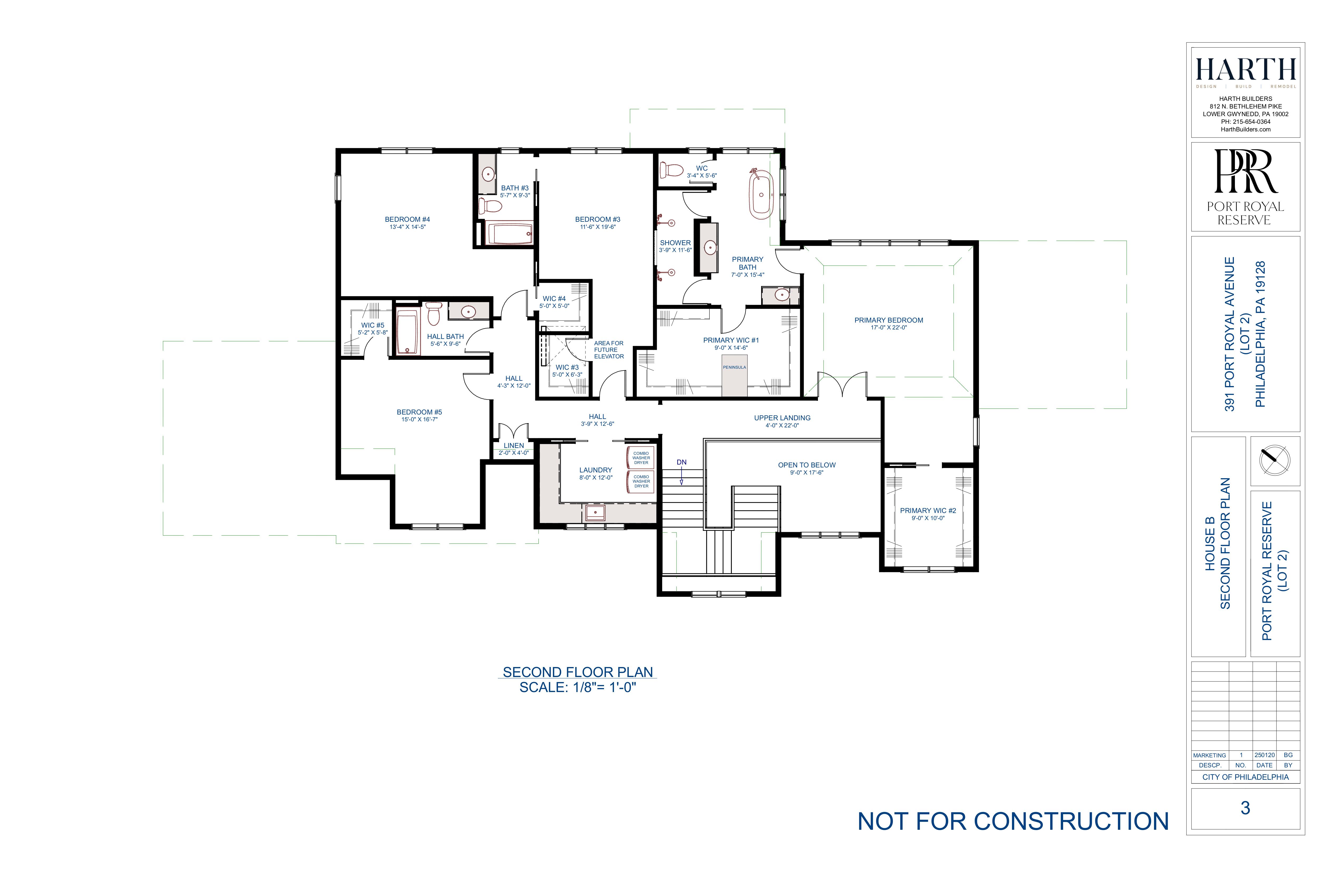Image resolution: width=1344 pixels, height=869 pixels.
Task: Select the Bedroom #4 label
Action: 407,220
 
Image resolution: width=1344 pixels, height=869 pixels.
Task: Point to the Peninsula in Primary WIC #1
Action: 734,375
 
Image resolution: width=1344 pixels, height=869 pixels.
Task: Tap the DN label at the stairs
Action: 681,462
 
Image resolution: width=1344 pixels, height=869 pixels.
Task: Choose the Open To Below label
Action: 806,465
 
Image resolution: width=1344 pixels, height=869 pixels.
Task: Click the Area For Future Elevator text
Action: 609,350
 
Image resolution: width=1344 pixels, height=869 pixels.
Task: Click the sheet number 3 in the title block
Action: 1245,808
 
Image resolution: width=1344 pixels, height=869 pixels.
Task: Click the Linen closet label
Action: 513,446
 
